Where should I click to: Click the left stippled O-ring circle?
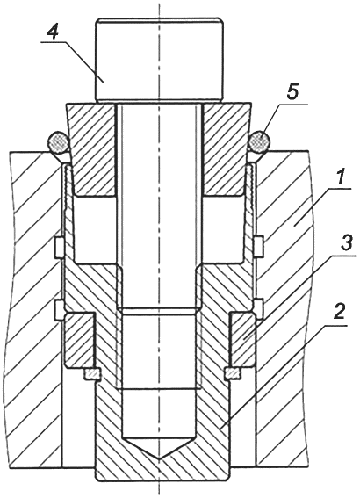(x=58, y=142)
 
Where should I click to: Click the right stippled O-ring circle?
(x=260, y=141)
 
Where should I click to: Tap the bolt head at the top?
(x=159, y=61)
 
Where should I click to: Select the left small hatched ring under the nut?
(x=91, y=374)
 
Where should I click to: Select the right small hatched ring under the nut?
(x=233, y=374)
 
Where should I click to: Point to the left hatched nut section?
(x=79, y=340)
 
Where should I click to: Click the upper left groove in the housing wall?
(x=59, y=247)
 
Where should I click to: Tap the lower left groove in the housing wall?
(x=59, y=309)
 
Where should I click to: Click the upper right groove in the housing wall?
(x=260, y=246)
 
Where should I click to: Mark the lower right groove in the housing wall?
(x=260, y=308)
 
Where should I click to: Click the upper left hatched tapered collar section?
(x=91, y=149)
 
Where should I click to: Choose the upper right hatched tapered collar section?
(x=226, y=149)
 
